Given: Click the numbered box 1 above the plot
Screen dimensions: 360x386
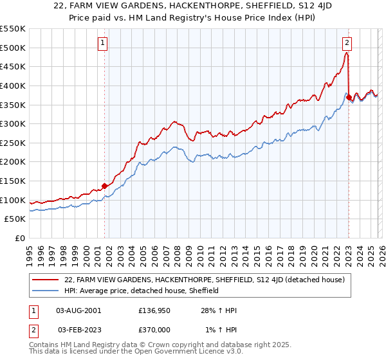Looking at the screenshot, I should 103,43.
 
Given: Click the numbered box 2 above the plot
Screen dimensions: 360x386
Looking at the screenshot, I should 347,43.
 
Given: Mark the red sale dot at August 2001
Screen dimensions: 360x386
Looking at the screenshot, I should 104,186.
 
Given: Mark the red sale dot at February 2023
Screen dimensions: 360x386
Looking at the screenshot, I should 349,98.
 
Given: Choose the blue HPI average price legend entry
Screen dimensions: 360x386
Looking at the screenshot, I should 142,291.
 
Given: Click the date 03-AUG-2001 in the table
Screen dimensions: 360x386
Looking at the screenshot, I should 78,310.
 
